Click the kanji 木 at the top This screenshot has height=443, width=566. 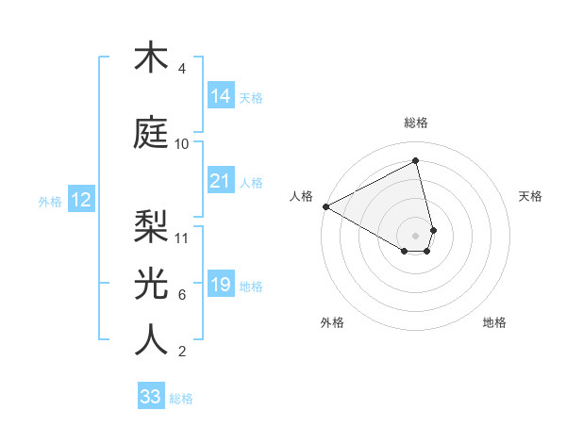click(151, 58)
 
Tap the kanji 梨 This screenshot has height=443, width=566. click(151, 225)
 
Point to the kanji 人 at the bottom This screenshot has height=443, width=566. click(151, 340)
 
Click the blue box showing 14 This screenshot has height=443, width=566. click(221, 96)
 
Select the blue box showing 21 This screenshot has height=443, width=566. click(221, 181)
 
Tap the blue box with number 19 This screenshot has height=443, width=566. click(221, 285)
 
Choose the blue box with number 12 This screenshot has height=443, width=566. click(80, 200)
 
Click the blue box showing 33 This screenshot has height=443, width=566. click(151, 397)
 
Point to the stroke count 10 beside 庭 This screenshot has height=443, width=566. click(182, 144)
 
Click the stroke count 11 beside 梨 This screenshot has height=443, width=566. click(182, 238)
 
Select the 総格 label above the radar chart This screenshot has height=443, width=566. click(416, 123)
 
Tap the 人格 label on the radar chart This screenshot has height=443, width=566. click(302, 196)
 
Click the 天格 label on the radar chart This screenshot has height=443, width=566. click(531, 196)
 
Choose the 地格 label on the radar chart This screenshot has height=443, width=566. click(494, 322)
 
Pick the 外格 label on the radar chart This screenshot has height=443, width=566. click(332, 322)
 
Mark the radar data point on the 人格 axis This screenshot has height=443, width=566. click(325, 206)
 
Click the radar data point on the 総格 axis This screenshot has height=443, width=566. click(416, 161)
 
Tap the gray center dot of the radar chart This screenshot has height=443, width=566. click(416, 235)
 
